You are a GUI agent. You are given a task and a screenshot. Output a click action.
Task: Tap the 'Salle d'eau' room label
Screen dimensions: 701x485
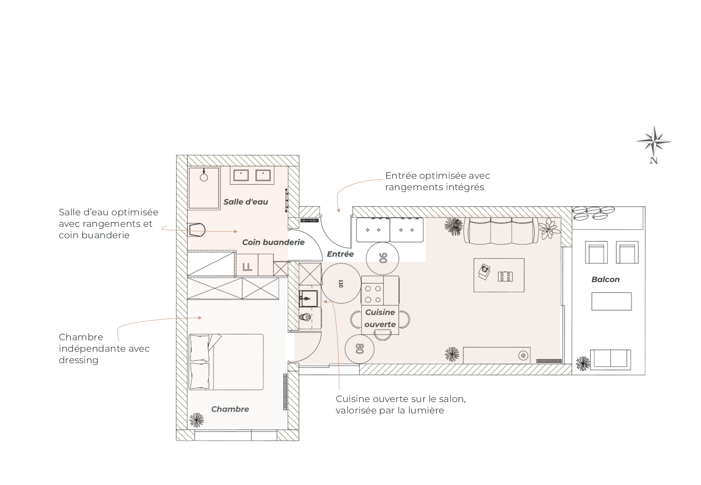pos(246,202)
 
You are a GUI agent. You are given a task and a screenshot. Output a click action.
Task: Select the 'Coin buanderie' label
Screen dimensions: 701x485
pos(273,242)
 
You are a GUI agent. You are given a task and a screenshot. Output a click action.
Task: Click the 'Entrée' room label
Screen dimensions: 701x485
pos(340,254)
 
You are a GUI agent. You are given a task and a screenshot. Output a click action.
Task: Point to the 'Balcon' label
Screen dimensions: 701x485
pos(605,279)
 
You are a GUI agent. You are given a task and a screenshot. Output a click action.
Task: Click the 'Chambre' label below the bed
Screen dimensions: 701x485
pos(230,409)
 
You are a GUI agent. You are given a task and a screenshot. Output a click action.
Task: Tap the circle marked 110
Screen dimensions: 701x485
pos(341,283)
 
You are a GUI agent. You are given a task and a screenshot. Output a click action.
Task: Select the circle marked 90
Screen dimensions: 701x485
pos(383,258)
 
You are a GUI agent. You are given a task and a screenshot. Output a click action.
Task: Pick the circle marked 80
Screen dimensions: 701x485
pos(360,349)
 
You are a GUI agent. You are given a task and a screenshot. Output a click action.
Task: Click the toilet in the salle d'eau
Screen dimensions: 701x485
pos(196,230)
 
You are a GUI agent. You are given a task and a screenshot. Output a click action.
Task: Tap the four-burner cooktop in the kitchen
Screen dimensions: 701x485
pos(373,294)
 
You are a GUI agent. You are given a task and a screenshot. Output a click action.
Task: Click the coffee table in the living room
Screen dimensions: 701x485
pos(499,275)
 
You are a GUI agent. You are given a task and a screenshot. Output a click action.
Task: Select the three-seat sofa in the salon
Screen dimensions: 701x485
pos(501,231)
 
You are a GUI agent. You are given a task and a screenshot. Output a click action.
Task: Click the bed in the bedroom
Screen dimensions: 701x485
pos(226,362)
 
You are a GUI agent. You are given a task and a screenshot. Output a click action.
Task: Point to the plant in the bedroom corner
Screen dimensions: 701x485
pos(197,420)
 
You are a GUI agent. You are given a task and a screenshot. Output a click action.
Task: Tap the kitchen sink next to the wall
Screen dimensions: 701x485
pos(309,298)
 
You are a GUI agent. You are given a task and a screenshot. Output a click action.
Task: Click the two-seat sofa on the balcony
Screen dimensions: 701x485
pos(610,360)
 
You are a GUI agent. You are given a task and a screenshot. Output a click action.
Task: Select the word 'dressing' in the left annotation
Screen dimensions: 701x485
pos(79,360)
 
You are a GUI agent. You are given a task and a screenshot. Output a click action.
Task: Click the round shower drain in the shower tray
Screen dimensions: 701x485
pos(204,178)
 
